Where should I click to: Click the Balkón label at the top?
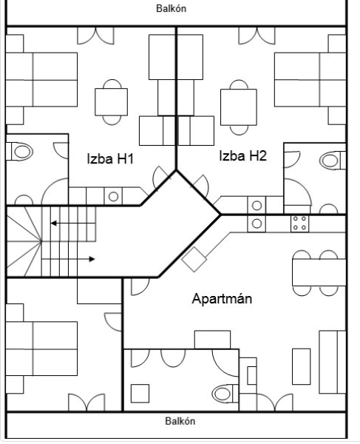coord(171,8)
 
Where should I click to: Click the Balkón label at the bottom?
coord(180,421)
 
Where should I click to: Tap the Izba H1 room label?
coord(110,158)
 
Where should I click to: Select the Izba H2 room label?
coord(243,155)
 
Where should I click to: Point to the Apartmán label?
coord(222,298)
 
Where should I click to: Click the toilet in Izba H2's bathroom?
coord(333,161)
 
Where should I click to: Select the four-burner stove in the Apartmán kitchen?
coord(300,223)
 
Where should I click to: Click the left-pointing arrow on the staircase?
coord(73,223)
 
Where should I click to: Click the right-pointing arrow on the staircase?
coord(68,259)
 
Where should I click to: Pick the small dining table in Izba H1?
coord(111,102)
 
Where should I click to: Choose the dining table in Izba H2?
coord(239,107)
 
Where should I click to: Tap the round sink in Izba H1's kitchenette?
coord(113,197)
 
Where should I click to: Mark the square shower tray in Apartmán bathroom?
coord(140,394)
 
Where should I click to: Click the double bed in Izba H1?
coord(41,80)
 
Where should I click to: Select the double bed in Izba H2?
coord(310,80)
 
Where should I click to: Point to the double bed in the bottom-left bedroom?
coord(41,349)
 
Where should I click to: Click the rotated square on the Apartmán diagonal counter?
coord(194,259)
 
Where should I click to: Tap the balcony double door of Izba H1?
coord(95,36)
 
